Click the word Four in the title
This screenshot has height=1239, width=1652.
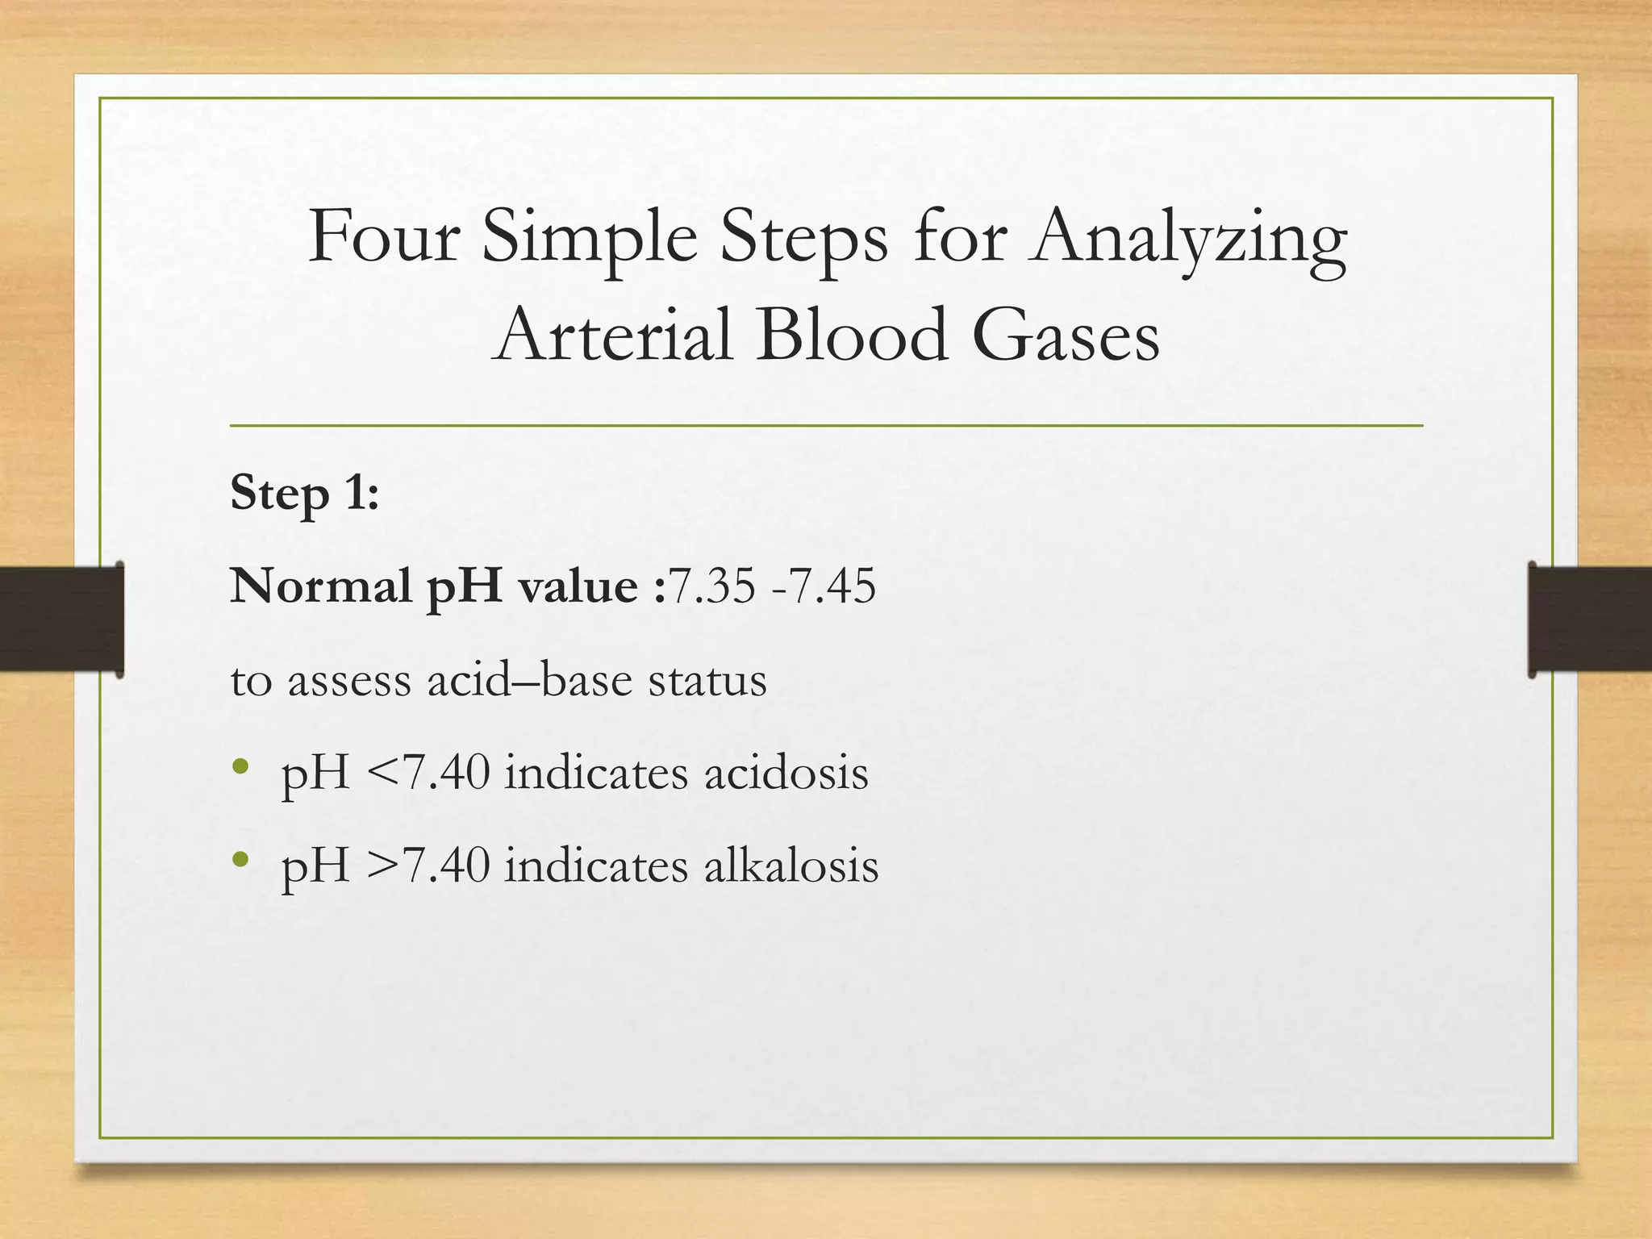coord(384,237)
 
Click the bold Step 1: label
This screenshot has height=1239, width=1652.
coord(305,494)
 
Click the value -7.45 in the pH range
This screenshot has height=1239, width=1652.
coord(823,586)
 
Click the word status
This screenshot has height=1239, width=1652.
coord(707,679)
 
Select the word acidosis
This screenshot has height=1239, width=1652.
coord(786,773)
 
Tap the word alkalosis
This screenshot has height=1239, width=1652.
coord(791,866)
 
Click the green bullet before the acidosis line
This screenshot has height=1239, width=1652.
coord(240,767)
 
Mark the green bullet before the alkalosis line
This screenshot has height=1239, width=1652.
coord(240,860)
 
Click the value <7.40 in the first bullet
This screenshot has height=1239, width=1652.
coord(428,773)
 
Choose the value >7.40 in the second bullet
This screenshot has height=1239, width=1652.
coord(428,866)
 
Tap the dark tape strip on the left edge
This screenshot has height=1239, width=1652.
coord(61,619)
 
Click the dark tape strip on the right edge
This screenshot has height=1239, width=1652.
coord(1589,619)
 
